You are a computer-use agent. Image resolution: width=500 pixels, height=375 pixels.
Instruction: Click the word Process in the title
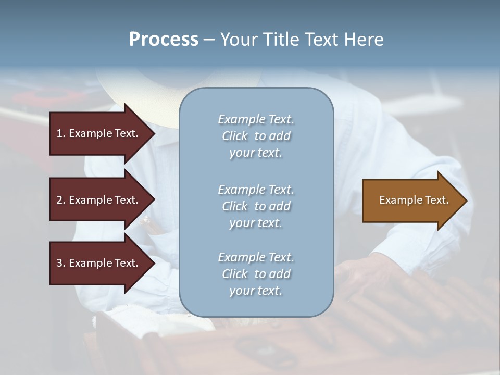(164, 40)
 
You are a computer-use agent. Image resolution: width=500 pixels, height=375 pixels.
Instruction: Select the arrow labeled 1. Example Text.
(99, 133)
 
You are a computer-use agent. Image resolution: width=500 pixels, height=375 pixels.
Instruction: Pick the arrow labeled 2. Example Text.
(99, 200)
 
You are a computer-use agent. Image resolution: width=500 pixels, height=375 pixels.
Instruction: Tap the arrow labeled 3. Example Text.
(99, 263)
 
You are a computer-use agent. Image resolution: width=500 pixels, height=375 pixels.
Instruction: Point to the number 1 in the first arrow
(59, 133)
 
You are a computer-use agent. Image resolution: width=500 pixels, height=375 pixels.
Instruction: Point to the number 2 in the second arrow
(60, 200)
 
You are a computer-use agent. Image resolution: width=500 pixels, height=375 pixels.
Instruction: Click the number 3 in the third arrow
(60, 263)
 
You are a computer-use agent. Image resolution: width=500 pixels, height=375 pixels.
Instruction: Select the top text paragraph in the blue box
(256, 136)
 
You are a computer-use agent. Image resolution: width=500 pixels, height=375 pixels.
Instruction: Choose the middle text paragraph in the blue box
(256, 206)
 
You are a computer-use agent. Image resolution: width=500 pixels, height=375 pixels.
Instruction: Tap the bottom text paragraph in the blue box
(256, 274)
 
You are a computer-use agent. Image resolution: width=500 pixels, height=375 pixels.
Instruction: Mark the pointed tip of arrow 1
(154, 133)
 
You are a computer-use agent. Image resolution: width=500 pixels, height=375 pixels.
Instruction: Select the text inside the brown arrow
(414, 200)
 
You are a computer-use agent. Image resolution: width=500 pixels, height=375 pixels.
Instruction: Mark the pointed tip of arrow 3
(154, 263)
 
